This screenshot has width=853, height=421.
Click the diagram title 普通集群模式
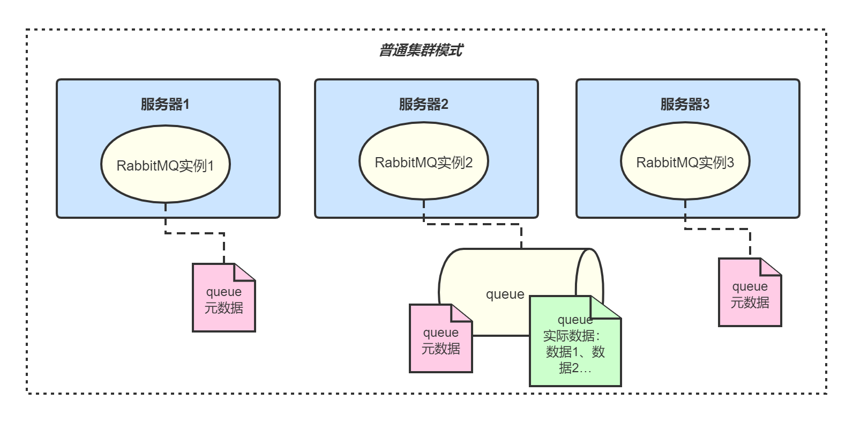coord(421,50)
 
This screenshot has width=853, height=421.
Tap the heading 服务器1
coord(165,104)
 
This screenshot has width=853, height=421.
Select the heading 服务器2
coord(423,104)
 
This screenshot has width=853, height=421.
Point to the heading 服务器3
coord(685,104)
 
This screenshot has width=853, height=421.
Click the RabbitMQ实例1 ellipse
coord(165,165)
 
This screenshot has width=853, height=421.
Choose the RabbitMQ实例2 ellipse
coord(423,162)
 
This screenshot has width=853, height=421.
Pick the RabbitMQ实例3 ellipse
coord(685,162)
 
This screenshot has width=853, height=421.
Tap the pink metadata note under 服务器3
coord(750,295)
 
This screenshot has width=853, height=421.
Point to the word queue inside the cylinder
coord(505,294)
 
